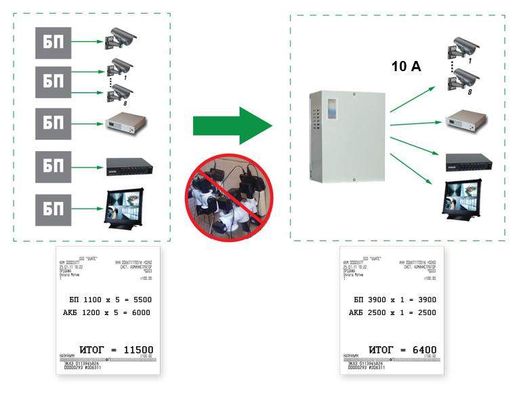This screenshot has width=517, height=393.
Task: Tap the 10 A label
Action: (x=407, y=66)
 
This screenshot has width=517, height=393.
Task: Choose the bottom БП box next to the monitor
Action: (x=53, y=207)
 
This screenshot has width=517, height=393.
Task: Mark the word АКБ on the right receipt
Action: (x=356, y=313)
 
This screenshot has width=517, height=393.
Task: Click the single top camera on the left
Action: (x=121, y=39)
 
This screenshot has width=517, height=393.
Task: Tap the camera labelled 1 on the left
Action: (x=121, y=66)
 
